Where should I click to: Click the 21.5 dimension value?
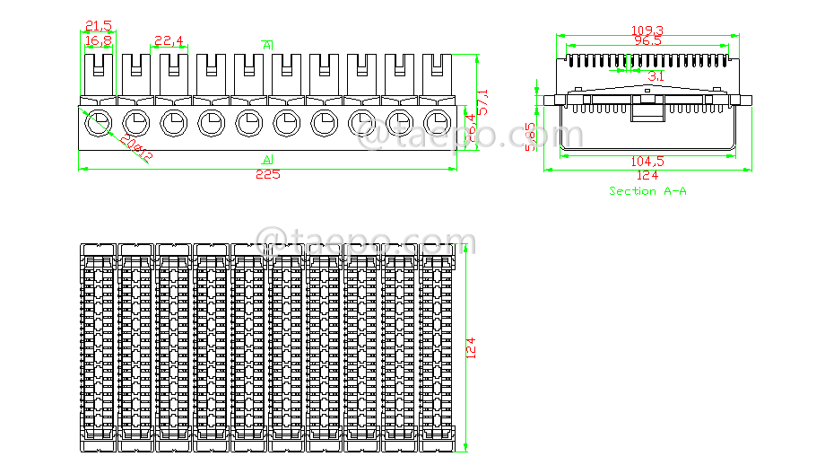(x=99, y=24)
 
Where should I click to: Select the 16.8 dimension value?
(x=99, y=40)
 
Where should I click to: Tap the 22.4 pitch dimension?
(x=169, y=40)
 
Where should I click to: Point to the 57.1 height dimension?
(x=482, y=101)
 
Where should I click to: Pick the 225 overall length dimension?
(x=267, y=174)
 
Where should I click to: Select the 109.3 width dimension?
(x=648, y=31)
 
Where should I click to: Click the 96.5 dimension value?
(x=647, y=41)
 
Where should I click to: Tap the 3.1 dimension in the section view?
(x=656, y=77)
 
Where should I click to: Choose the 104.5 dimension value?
(x=647, y=162)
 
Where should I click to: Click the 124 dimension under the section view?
(x=647, y=175)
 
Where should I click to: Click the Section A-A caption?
(x=647, y=191)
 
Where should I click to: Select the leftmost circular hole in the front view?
(x=98, y=122)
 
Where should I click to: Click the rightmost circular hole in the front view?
(x=437, y=122)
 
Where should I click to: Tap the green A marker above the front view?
(x=267, y=44)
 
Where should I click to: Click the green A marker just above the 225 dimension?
(x=267, y=159)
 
